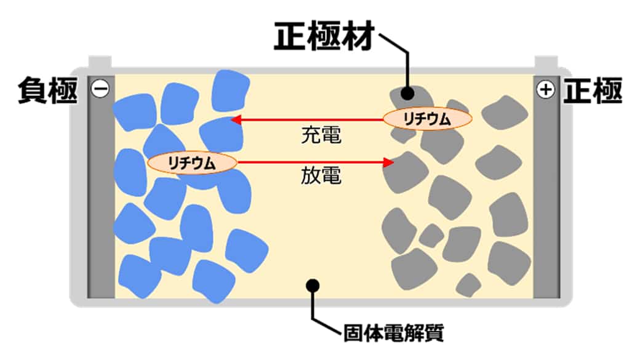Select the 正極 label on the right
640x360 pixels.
coord(594,91)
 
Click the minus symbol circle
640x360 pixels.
coord(100,89)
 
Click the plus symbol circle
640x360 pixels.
coord(545,90)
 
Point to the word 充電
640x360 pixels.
coord(321,135)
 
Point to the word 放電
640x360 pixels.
coord(321,177)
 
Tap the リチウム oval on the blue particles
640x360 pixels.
coord(193,163)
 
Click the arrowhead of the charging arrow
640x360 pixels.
coord(235,120)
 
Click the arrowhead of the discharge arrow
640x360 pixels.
coord(388,162)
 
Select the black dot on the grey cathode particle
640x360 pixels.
coord(407,94)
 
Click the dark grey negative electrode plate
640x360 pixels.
coord(100,203)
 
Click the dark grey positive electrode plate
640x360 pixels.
coord(545,203)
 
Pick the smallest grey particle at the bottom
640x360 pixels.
coord(470,285)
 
